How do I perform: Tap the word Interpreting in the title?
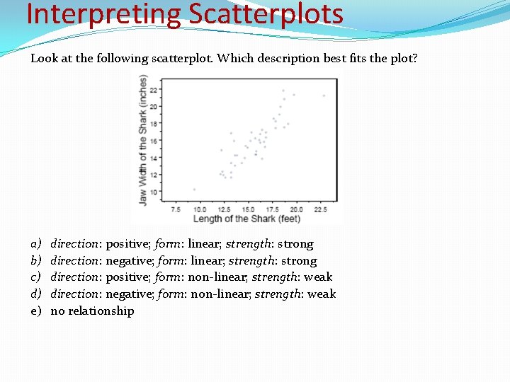102,13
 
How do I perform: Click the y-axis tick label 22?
153,90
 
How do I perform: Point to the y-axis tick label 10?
153,192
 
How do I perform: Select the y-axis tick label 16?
153,141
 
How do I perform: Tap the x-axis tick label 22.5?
320,209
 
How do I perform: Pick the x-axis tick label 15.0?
249,209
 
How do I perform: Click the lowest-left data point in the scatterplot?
194,189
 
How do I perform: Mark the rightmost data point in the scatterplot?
324,95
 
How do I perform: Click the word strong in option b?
300,260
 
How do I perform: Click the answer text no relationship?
92,311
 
